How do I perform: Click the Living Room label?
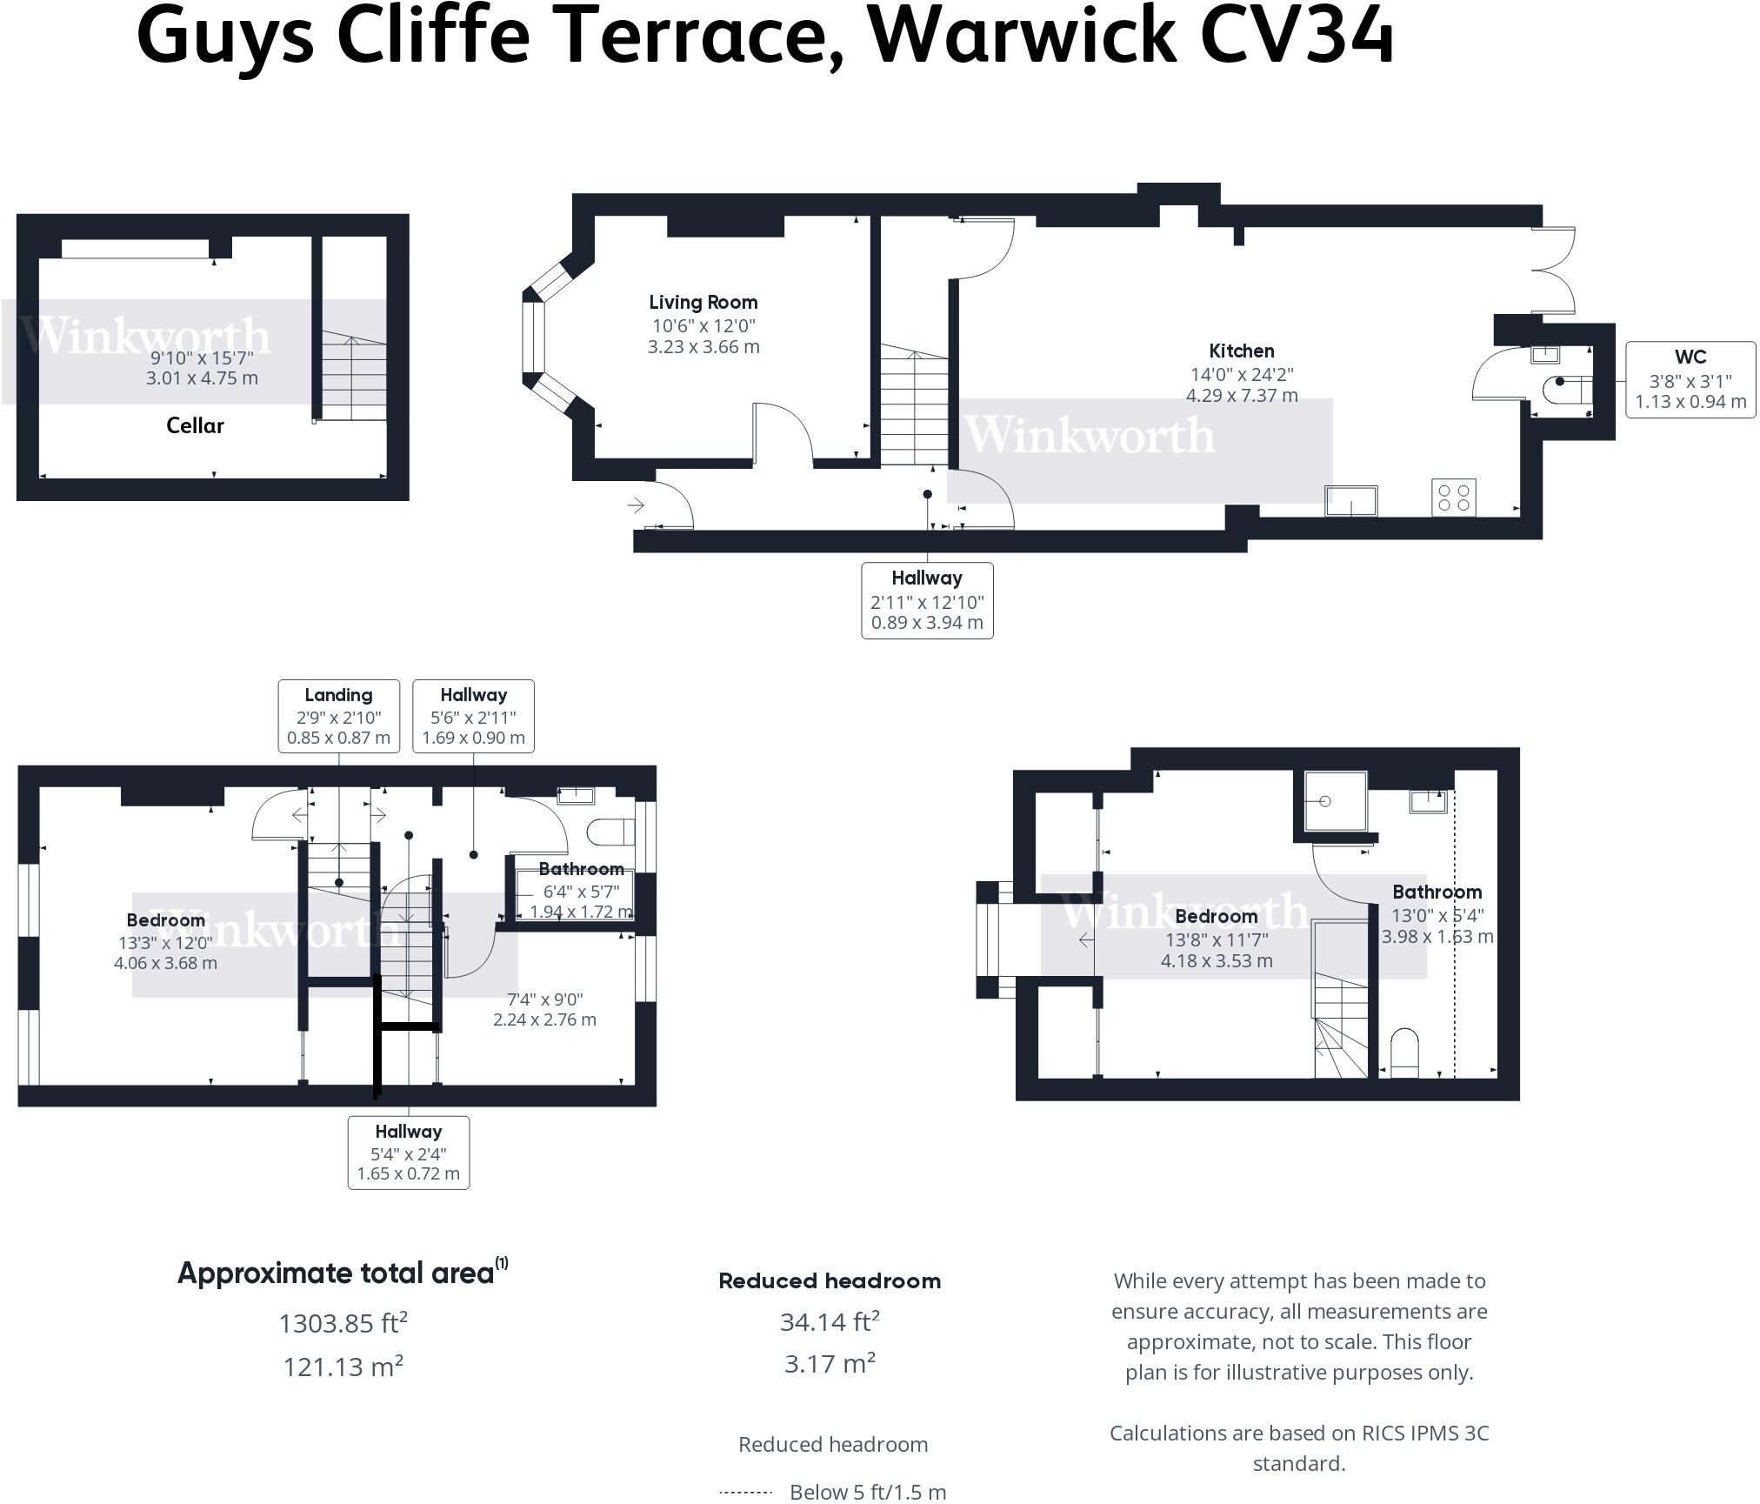(703, 303)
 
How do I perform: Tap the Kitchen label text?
(1241, 351)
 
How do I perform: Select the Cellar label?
(195, 426)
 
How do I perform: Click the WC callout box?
(1690, 380)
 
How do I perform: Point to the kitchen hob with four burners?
(1453, 498)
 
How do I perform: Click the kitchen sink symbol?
(1350, 501)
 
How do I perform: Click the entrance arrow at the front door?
(636, 505)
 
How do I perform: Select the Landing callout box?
(338, 716)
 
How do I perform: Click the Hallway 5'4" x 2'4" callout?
(408, 1153)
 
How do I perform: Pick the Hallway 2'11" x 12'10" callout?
(927, 600)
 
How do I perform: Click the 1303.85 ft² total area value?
(343, 1323)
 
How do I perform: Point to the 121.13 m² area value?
(343, 1367)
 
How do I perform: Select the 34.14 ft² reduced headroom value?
(830, 1322)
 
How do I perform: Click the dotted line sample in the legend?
(746, 1493)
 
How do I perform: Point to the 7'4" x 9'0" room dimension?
(544, 999)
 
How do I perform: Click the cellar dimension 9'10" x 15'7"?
(202, 358)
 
